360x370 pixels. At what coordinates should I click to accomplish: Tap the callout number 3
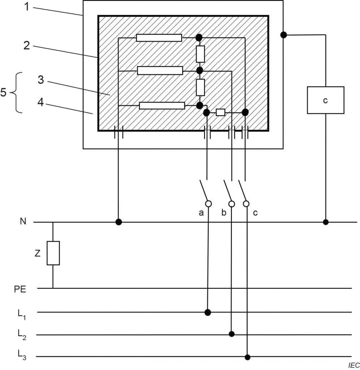[40, 80]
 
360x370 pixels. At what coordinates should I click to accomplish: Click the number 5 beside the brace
[3, 92]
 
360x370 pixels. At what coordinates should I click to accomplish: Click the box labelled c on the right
[325, 100]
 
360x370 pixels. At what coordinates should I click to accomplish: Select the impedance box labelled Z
[53, 253]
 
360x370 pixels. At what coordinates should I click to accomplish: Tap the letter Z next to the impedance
[37, 254]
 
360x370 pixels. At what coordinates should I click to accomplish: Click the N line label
[23, 221]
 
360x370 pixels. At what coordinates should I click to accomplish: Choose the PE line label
[21, 289]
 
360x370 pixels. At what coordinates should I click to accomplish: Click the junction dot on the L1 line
[208, 312]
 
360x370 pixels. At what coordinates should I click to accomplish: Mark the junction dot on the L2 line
[232, 334]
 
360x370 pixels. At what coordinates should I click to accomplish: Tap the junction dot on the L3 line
[247, 357]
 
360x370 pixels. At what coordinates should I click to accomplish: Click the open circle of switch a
[208, 204]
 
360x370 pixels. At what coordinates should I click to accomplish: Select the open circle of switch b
[232, 204]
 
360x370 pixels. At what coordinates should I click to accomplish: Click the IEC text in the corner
[354, 366]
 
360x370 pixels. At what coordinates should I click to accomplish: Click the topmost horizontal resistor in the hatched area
[159, 38]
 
